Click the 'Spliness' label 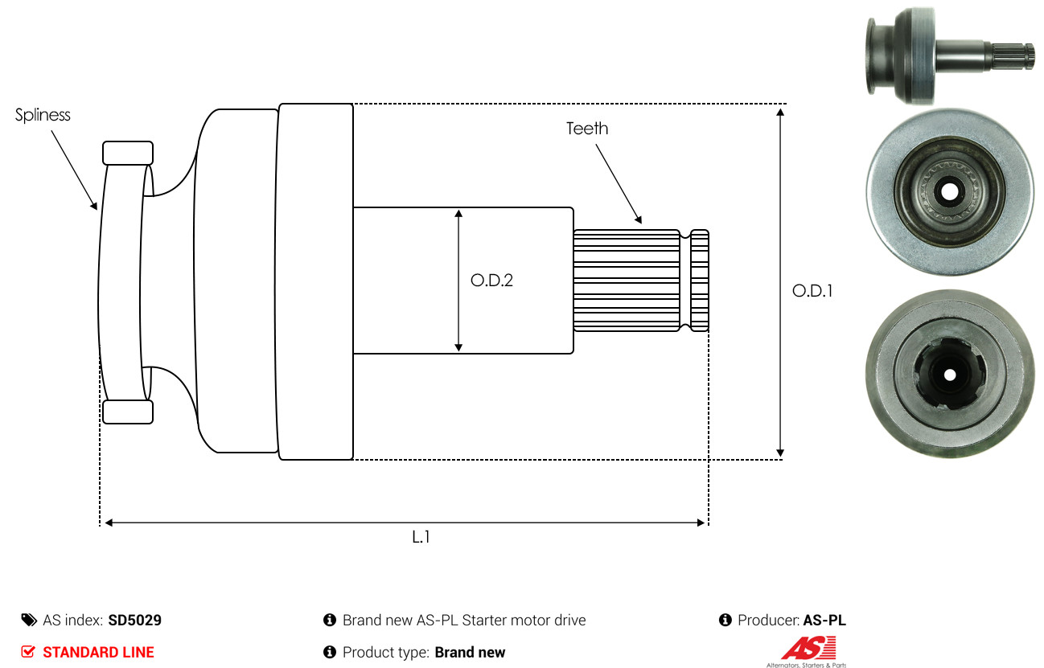pos(43,115)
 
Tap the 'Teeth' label pos(587,129)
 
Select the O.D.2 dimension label pos(491,281)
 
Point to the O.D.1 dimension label pos(812,291)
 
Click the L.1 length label pos(421,538)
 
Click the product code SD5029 pos(135,621)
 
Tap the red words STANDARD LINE pos(98,652)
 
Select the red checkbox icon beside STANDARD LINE pos(28,652)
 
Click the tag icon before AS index pos(29,621)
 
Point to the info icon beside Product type pos(329,652)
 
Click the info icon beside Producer pos(724,621)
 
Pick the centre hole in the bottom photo pos(950,375)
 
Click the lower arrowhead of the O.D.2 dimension pos(458,346)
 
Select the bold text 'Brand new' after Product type pos(470,652)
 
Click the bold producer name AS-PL pos(824,621)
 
